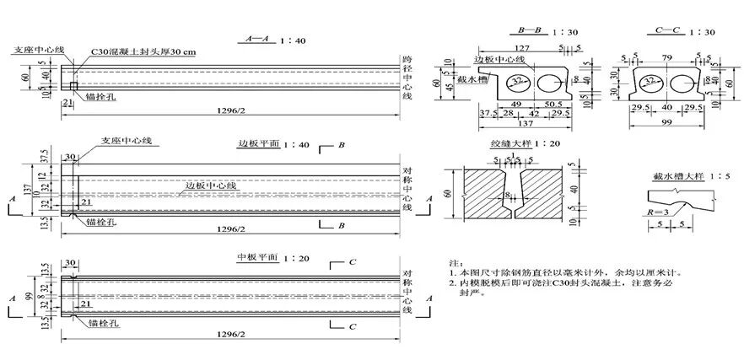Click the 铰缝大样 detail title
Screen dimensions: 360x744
[x=511, y=144]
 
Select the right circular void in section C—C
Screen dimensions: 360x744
[x=685, y=83]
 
